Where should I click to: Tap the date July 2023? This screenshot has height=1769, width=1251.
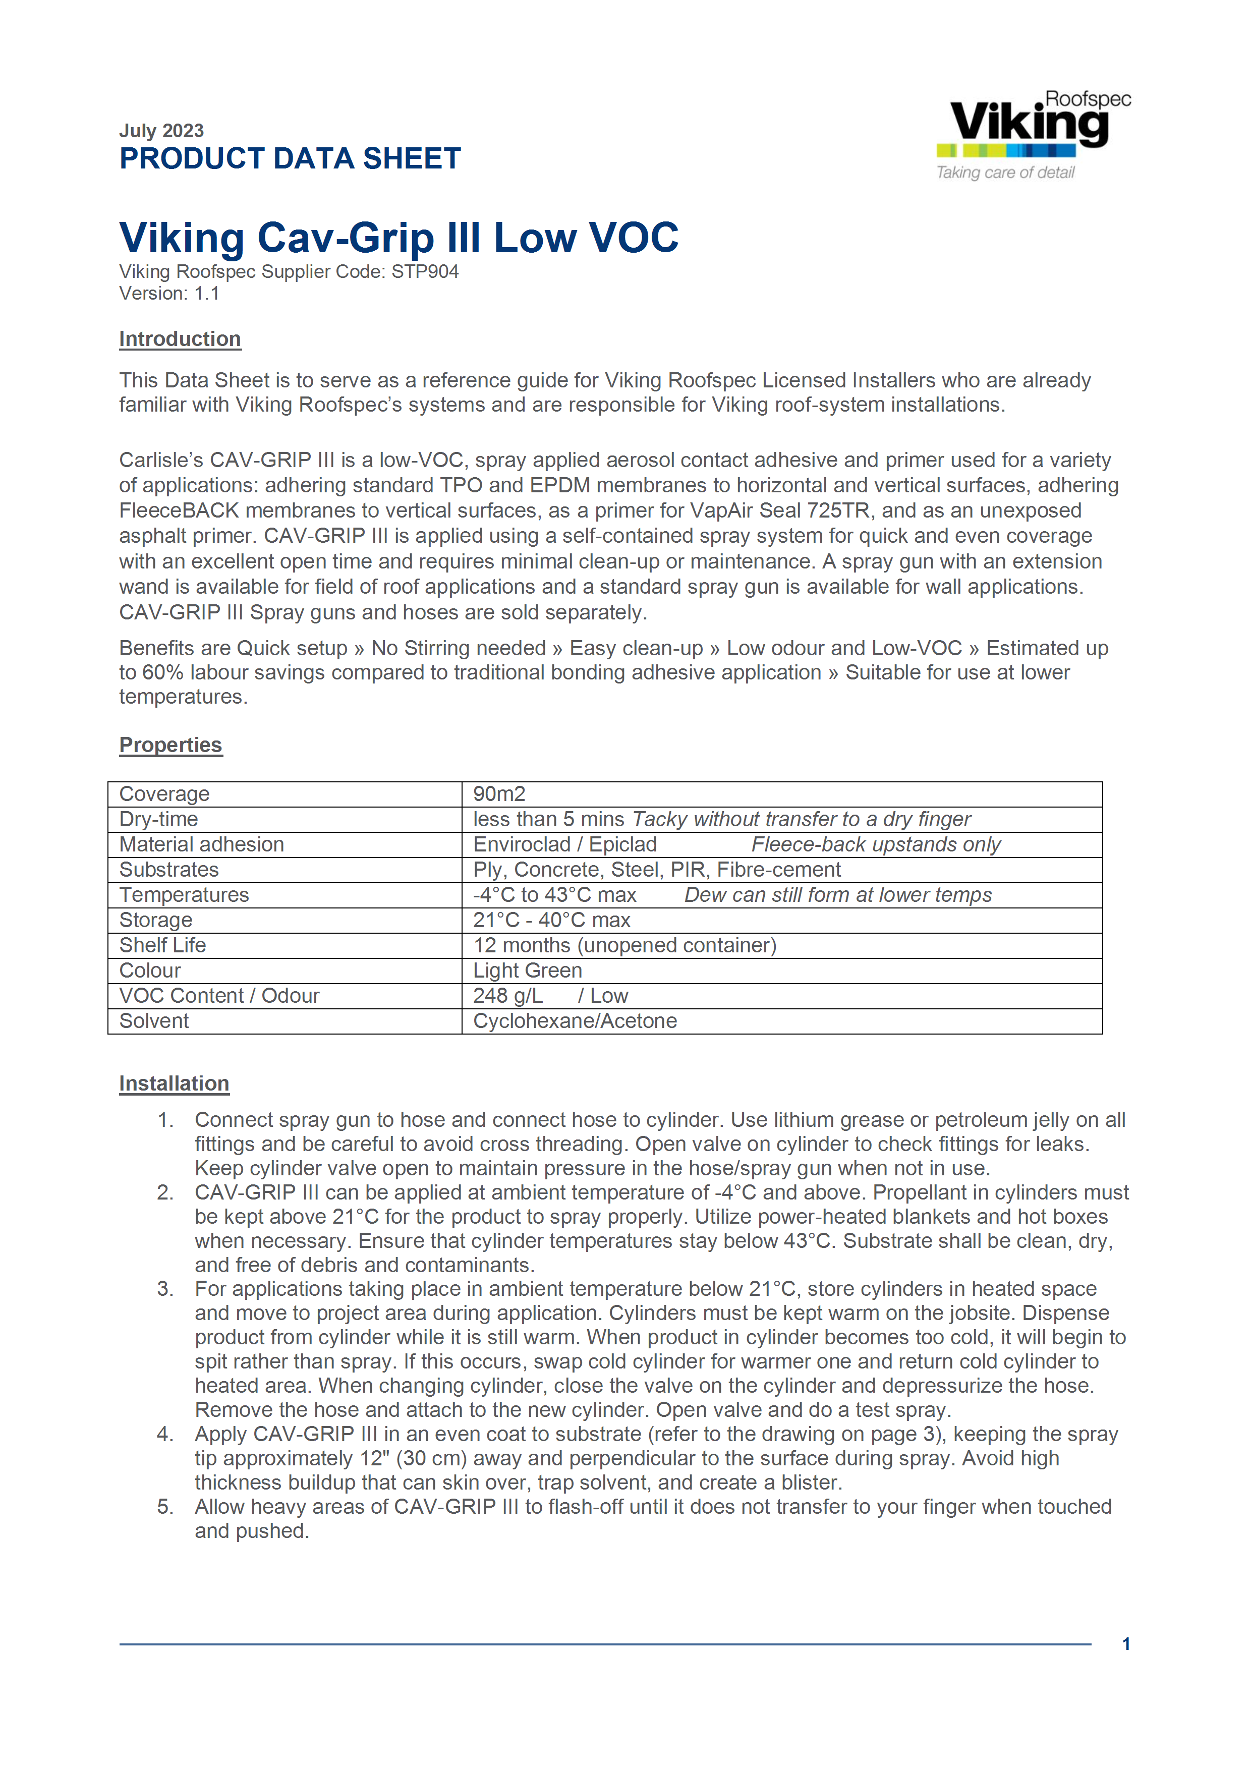pos(161,130)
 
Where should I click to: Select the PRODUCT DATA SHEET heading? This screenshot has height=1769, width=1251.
pos(290,159)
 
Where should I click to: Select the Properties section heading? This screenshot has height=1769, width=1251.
pos(170,745)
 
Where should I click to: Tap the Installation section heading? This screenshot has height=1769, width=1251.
pos(174,1083)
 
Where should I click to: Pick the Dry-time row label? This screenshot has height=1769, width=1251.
pos(159,819)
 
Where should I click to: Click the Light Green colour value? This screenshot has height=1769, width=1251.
pos(528,971)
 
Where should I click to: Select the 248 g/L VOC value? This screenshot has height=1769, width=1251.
pos(507,996)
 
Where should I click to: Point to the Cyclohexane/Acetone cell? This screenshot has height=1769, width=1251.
pos(575,1021)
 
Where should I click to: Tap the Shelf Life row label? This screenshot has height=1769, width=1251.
pos(162,945)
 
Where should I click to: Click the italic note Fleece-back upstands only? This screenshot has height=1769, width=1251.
pos(876,844)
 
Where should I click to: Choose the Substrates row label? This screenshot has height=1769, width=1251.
pos(168,870)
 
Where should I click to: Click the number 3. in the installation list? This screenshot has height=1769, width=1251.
pos(165,1289)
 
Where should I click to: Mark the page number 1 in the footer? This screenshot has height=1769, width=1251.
pos(1126,1644)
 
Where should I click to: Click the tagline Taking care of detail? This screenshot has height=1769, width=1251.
pos(1005,173)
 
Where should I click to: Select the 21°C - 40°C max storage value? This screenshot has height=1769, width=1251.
pos(551,921)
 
